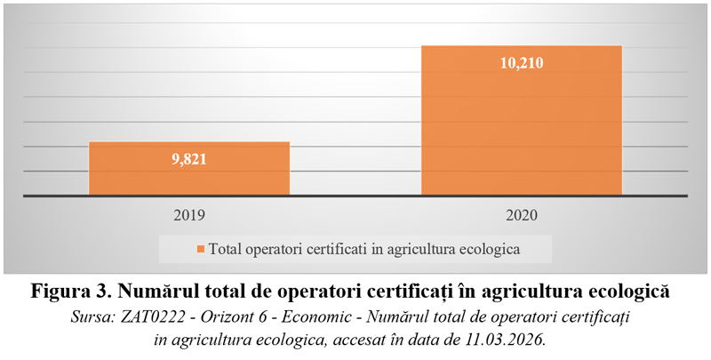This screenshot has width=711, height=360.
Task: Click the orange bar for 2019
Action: pos(188,168)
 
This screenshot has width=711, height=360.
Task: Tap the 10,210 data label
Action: pos(521,63)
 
